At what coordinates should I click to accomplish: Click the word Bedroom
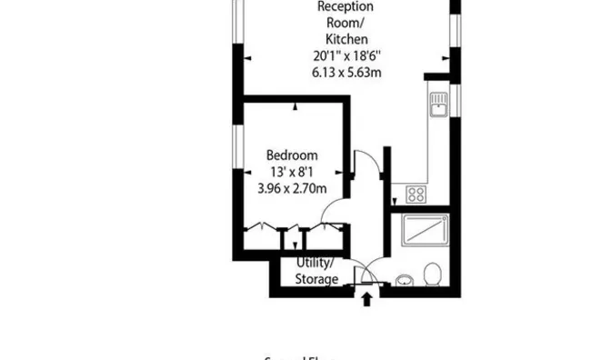[x=292, y=155]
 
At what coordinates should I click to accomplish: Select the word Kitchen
[x=347, y=39]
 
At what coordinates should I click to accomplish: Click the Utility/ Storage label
[x=316, y=270]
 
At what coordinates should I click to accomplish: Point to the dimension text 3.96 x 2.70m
[x=292, y=188]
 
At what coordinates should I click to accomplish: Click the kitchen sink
[x=438, y=105]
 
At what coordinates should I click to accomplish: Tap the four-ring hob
[x=417, y=194]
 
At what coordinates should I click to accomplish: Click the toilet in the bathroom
[x=433, y=273]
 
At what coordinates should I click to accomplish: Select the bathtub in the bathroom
[x=424, y=234]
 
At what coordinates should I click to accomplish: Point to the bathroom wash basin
[x=404, y=276]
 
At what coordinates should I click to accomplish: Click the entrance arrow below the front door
[x=366, y=298]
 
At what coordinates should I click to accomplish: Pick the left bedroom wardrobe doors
[x=264, y=226]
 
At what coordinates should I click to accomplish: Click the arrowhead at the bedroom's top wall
[x=295, y=107]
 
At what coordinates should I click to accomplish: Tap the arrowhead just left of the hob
[x=395, y=204]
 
